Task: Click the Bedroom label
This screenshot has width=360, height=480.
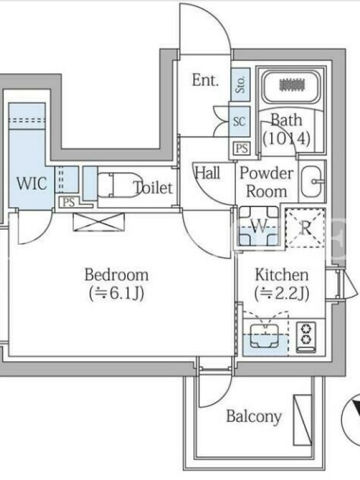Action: click(116, 275)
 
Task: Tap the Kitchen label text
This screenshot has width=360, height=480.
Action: click(281, 275)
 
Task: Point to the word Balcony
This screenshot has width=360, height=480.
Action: click(254, 416)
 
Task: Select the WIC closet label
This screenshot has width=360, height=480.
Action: click(32, 184)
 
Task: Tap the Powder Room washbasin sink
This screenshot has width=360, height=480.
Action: click(311, 182)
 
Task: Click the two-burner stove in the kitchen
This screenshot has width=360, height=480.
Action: click(305, 337)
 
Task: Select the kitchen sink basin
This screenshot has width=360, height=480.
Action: click(265, 336)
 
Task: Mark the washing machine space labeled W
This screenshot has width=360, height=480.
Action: click(259, 227)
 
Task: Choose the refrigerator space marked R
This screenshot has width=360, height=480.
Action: click(305, 227)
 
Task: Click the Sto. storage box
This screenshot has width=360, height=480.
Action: click(241, 85)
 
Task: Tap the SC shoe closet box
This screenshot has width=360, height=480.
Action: click(239, 122)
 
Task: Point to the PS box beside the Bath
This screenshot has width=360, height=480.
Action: click(242, 148)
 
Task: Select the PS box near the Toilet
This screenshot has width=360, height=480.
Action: click(69, 202)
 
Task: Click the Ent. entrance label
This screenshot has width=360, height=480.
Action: click(205, 80)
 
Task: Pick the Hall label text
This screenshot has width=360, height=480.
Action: click(208, 173)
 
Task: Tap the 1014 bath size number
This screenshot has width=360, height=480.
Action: click(287, 139)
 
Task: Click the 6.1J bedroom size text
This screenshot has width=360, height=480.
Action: click(116, 293)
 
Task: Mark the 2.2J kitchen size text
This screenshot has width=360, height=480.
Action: click(282, 293)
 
